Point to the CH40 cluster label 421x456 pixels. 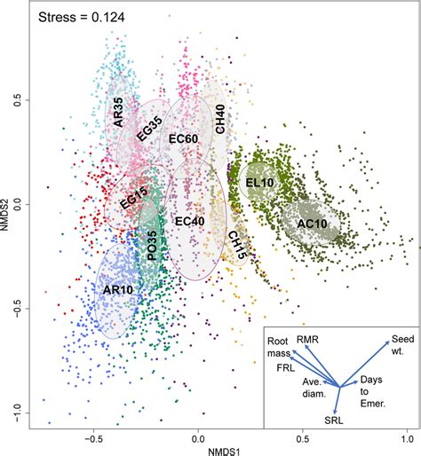(219, 119)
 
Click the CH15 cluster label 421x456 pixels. (235, 245)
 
